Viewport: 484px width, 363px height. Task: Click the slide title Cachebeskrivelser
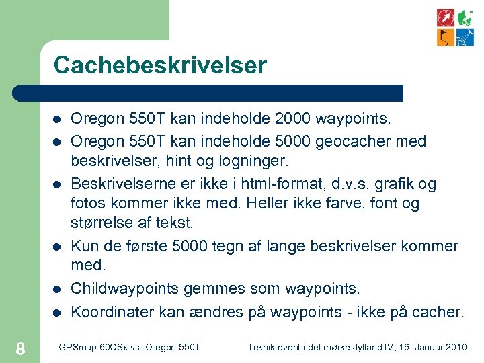[160, 65]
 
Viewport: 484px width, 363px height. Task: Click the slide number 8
[20, 348]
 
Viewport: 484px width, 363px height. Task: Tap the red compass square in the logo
[445, 17]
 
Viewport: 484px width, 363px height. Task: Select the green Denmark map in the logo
[465, 17]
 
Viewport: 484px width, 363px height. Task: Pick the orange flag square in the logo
[445, 37]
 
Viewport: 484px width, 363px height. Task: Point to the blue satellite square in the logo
[465, 37]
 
